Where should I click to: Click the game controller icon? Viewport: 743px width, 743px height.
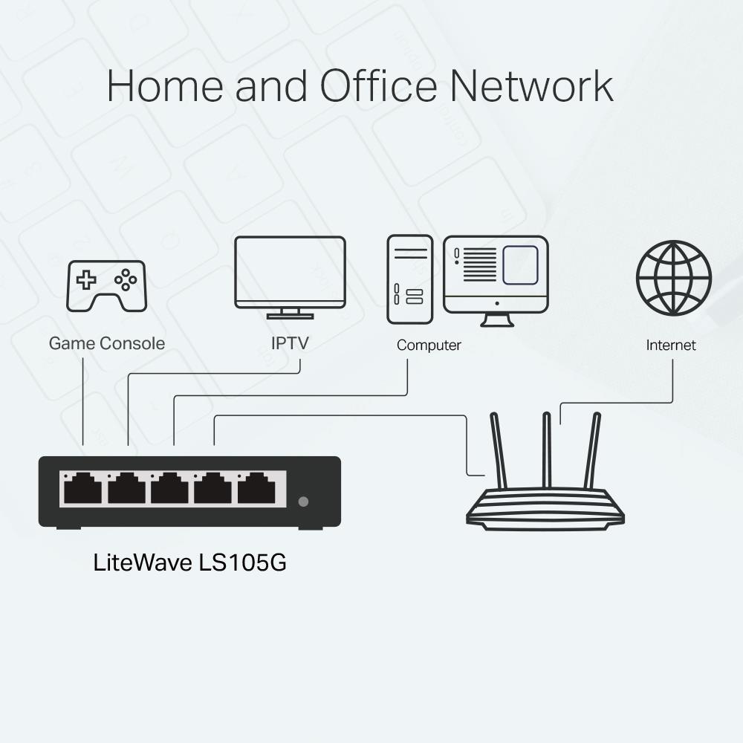pos(106,285)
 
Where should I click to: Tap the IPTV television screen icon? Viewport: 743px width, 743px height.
pos(290,272)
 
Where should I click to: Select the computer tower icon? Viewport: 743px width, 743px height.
pos(409,279)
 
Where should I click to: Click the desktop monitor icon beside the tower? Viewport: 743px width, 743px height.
pos(496,275)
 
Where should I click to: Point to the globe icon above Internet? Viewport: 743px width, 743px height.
pos(673,277)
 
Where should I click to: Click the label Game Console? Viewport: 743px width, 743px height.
pos(106,343)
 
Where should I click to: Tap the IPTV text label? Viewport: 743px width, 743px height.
pos(290,343)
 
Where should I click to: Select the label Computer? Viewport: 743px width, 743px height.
pos(429,345)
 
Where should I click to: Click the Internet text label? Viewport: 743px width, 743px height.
pos(671,345)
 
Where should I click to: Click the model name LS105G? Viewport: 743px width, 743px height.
pos(242,562)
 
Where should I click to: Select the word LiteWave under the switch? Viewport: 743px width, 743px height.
pos(142,562)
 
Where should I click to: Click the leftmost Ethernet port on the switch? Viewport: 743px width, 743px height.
pos(82,489)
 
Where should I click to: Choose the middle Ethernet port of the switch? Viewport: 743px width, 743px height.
pos(170,489)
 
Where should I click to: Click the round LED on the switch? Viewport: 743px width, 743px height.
pos(303,502)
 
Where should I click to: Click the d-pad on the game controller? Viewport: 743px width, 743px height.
pos(88,280)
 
